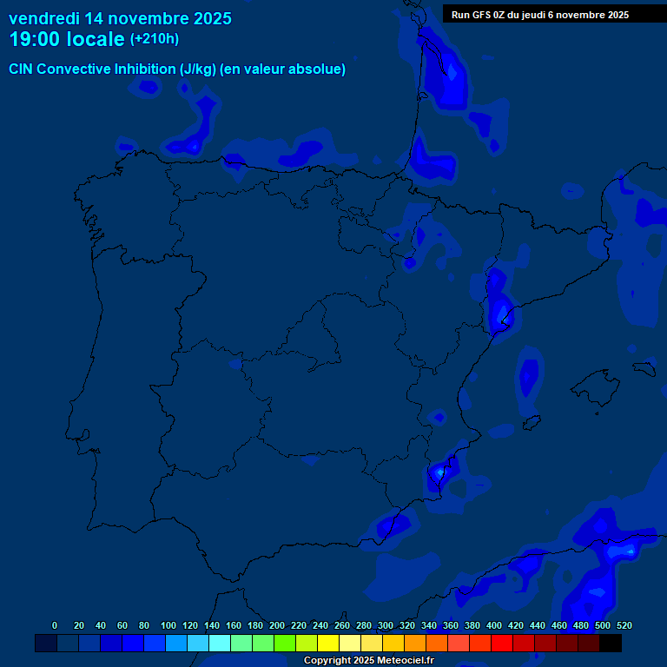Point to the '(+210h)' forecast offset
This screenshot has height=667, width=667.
click(155, 39)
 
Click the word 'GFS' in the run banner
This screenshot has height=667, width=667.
click(481, 15)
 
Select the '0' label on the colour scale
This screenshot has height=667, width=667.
click(55, 625)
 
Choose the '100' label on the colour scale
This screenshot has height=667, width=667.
click(168, 625)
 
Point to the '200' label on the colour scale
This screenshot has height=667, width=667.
click(277, 625)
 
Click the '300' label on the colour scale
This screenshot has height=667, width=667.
click(386, 625)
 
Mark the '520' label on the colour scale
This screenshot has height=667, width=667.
click(624, 625)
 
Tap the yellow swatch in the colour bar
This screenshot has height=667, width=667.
click(328, 643)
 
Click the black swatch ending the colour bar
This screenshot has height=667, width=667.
click(611, 643)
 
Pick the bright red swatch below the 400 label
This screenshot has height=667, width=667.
click(502, 643)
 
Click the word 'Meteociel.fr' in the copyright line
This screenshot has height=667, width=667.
click(404, 661)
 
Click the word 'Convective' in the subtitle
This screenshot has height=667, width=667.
click(77, 69)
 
